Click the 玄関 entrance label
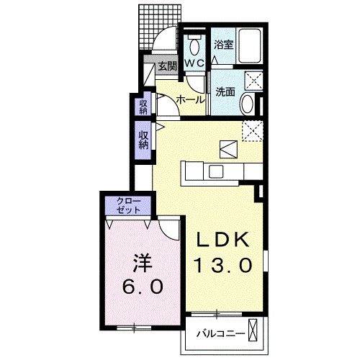click(166, 66)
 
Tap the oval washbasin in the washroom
click(246, 104)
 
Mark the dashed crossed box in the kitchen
click(252, 131)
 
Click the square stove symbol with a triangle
click(226, 149)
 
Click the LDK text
click(222, 240)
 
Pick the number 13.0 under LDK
click(222, 266)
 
